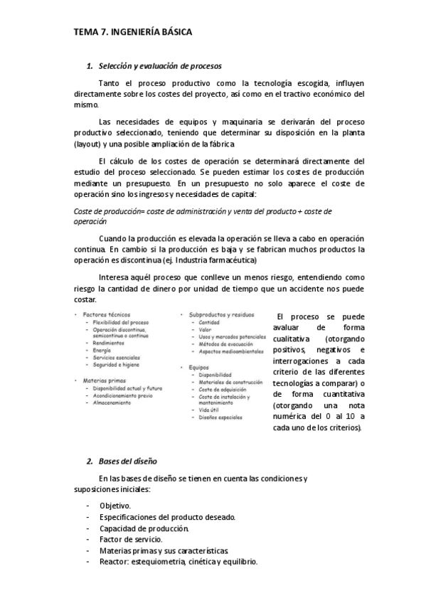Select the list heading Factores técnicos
pos(107,314)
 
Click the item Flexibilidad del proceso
pos(120,322)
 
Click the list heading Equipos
pos(200,367)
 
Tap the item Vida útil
pos(211,410)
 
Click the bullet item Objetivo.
pos(115,505)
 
